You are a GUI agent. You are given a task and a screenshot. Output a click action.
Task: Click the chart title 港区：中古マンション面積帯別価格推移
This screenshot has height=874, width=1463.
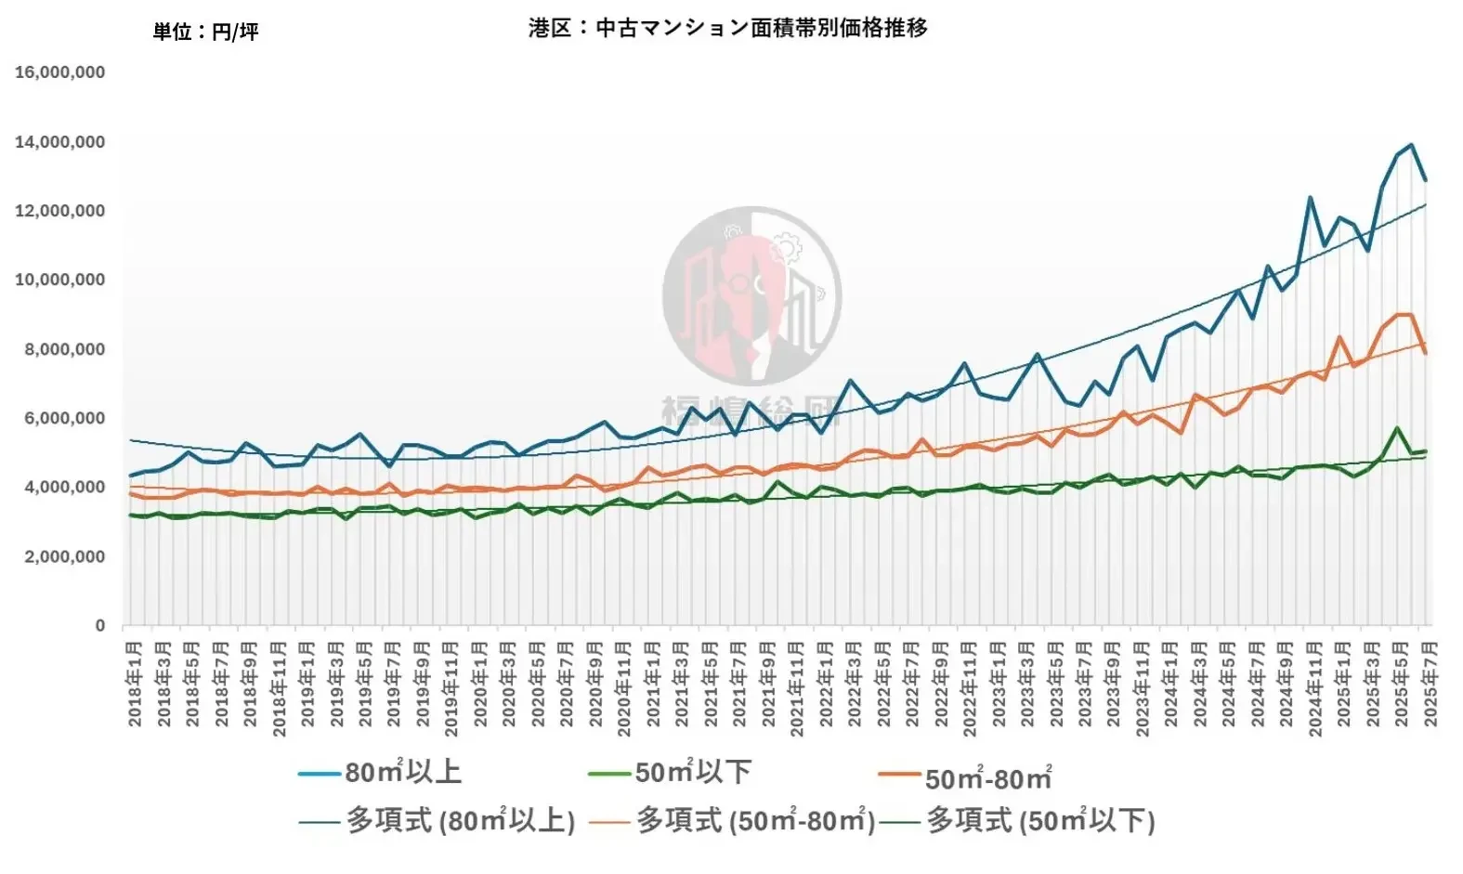[x=727, y=28]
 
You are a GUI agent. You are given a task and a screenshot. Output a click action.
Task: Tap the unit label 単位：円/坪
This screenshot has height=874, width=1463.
[x=205, y=32]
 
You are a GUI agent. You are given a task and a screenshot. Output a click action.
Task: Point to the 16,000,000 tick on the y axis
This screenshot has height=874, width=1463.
[x=60, y=72]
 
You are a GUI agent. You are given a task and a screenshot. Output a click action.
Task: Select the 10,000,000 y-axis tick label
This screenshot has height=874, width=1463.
[x=60, y=280]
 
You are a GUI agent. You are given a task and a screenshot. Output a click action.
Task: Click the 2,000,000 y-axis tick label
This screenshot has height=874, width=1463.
[x=60, y=556]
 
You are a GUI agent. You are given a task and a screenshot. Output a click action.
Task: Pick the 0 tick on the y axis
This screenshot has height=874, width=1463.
[x=100, y=626]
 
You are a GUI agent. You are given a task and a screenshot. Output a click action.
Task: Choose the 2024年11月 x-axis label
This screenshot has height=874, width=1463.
[x=1315, y=688]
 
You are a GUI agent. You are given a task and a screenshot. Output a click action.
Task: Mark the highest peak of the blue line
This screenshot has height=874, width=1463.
[x=1412, y=145]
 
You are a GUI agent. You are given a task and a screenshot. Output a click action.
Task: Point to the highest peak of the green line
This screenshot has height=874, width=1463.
[x=1397, y=428]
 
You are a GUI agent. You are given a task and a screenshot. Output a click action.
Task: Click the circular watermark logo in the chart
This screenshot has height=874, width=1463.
[x=751, y=296]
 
